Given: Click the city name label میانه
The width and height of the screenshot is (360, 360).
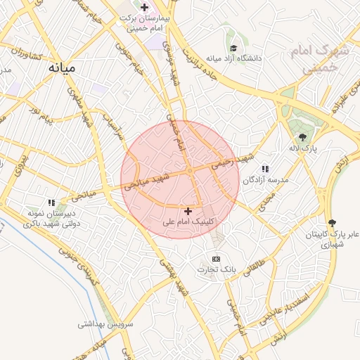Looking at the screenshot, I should [x=63, y=68].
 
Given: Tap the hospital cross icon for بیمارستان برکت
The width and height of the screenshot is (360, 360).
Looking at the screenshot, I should [x=144, y=8].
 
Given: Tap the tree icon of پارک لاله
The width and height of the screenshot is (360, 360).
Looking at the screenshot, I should [x=302, y=137].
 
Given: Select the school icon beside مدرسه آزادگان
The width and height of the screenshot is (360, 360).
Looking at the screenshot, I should [x=265, y=169].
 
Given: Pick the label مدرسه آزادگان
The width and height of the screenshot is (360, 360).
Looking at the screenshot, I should [x=266, y=180].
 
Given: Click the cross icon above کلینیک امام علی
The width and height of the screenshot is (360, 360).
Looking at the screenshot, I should [x=188, y=211].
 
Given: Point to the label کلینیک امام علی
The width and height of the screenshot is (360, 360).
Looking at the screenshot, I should [x=188, y=221].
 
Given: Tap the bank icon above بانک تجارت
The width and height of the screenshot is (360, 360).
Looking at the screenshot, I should [x=216, y=259].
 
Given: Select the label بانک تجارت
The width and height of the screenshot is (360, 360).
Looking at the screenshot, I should [x=217, y=269].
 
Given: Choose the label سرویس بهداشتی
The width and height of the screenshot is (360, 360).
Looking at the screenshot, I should [x=101, y=324].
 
